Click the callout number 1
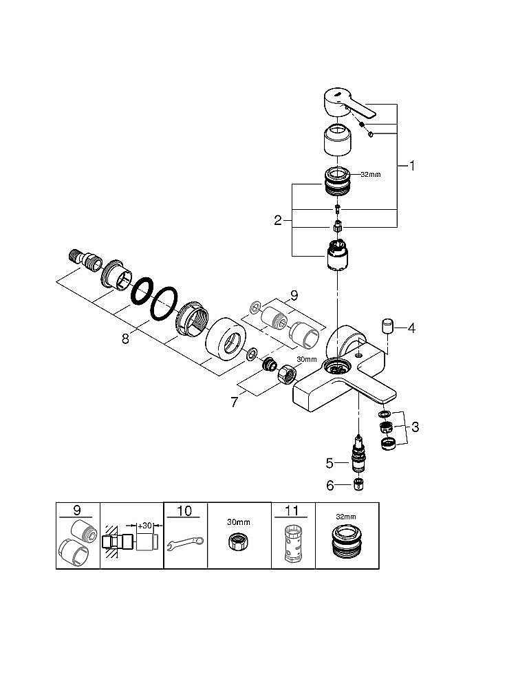[411, 165]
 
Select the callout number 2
[278, 220]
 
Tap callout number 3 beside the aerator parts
[415, 427]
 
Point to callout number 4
[411, 327]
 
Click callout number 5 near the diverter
[330, 463]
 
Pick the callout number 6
[330, 485]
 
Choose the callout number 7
[235, 401]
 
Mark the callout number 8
[126, 338]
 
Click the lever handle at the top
[349, 104]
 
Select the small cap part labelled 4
[387, 327]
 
